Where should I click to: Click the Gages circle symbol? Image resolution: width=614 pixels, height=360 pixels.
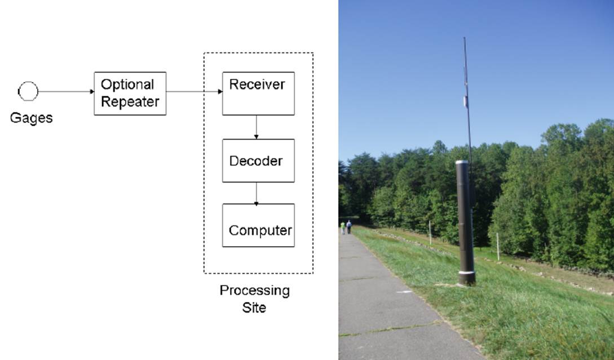click(x=28, y=91)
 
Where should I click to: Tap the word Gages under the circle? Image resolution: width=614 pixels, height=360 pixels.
click(x=32, y=118)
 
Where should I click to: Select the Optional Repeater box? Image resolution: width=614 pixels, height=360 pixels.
click(x=130, y=94)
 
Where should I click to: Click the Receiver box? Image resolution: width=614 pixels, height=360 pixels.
click(x=258, y=94)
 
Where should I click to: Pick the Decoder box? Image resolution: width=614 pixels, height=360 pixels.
click(x=258, y=161)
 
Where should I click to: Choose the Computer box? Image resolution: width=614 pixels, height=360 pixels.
click(x=258, y=225)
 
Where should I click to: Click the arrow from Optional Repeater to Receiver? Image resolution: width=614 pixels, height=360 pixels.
click(x=194, y=91)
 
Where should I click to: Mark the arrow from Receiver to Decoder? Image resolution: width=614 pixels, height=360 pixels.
click(x=257, y=127)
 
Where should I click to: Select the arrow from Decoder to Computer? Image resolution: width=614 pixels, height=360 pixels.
click(x=257, y=193)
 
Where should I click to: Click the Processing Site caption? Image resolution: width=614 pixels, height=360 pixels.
click(x=254, y=299)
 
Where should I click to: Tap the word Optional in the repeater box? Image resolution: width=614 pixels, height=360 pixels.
click(x=127, y=85)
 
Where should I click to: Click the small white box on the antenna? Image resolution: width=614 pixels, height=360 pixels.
click(x=466, y=101)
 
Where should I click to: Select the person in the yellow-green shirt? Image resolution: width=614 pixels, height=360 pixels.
click(x=342, y=228)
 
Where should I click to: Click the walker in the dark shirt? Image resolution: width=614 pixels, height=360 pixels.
click(x=349, y=226)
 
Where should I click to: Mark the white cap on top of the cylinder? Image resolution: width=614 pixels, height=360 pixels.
click(x=462, y=162)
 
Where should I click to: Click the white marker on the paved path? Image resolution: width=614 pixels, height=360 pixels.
click(x=404, y=292)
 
